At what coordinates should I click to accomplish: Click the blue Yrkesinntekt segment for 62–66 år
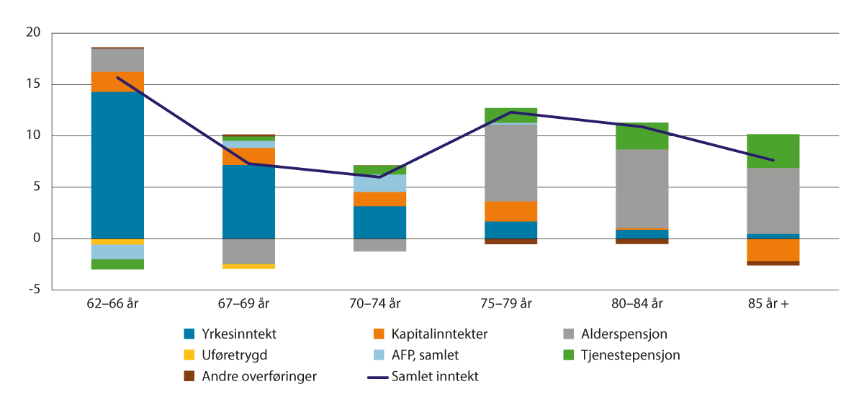pyautogui.click(x=117, y=165)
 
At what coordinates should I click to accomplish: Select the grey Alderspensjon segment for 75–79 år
pyautogui.click(x=510, y=163)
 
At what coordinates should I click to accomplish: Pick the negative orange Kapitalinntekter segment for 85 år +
pyautogui.click(x=773, y=249)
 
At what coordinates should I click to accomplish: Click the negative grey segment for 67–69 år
pyautogui.click(x=248, y=251)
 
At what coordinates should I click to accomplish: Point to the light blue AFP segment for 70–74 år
pyautogui.click(x=379, y=183)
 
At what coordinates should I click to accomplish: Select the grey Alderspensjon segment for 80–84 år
pyautogui.click(x=642, y=189)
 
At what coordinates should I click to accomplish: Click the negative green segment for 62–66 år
pyautogui.click(x=117, y=264)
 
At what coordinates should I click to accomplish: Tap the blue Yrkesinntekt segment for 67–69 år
pyautogui.click(x=248, y=202)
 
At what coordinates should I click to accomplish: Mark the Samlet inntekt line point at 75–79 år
pyautogui.click(x=510, y=112)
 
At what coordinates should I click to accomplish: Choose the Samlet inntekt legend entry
pyautogui.click(x=433, y=376)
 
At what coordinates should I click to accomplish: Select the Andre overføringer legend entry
pyautogui.click(x=248, y=376)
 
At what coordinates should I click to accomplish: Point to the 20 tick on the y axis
pyautogui.click(x=35, y=33)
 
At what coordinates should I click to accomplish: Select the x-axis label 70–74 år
pyautogui.click(x=379, y=304)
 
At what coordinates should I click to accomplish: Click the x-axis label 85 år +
pyautogui.click(x=773, y=304)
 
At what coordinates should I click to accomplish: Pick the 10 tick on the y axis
pyautogui.click(x=35, y=135)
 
